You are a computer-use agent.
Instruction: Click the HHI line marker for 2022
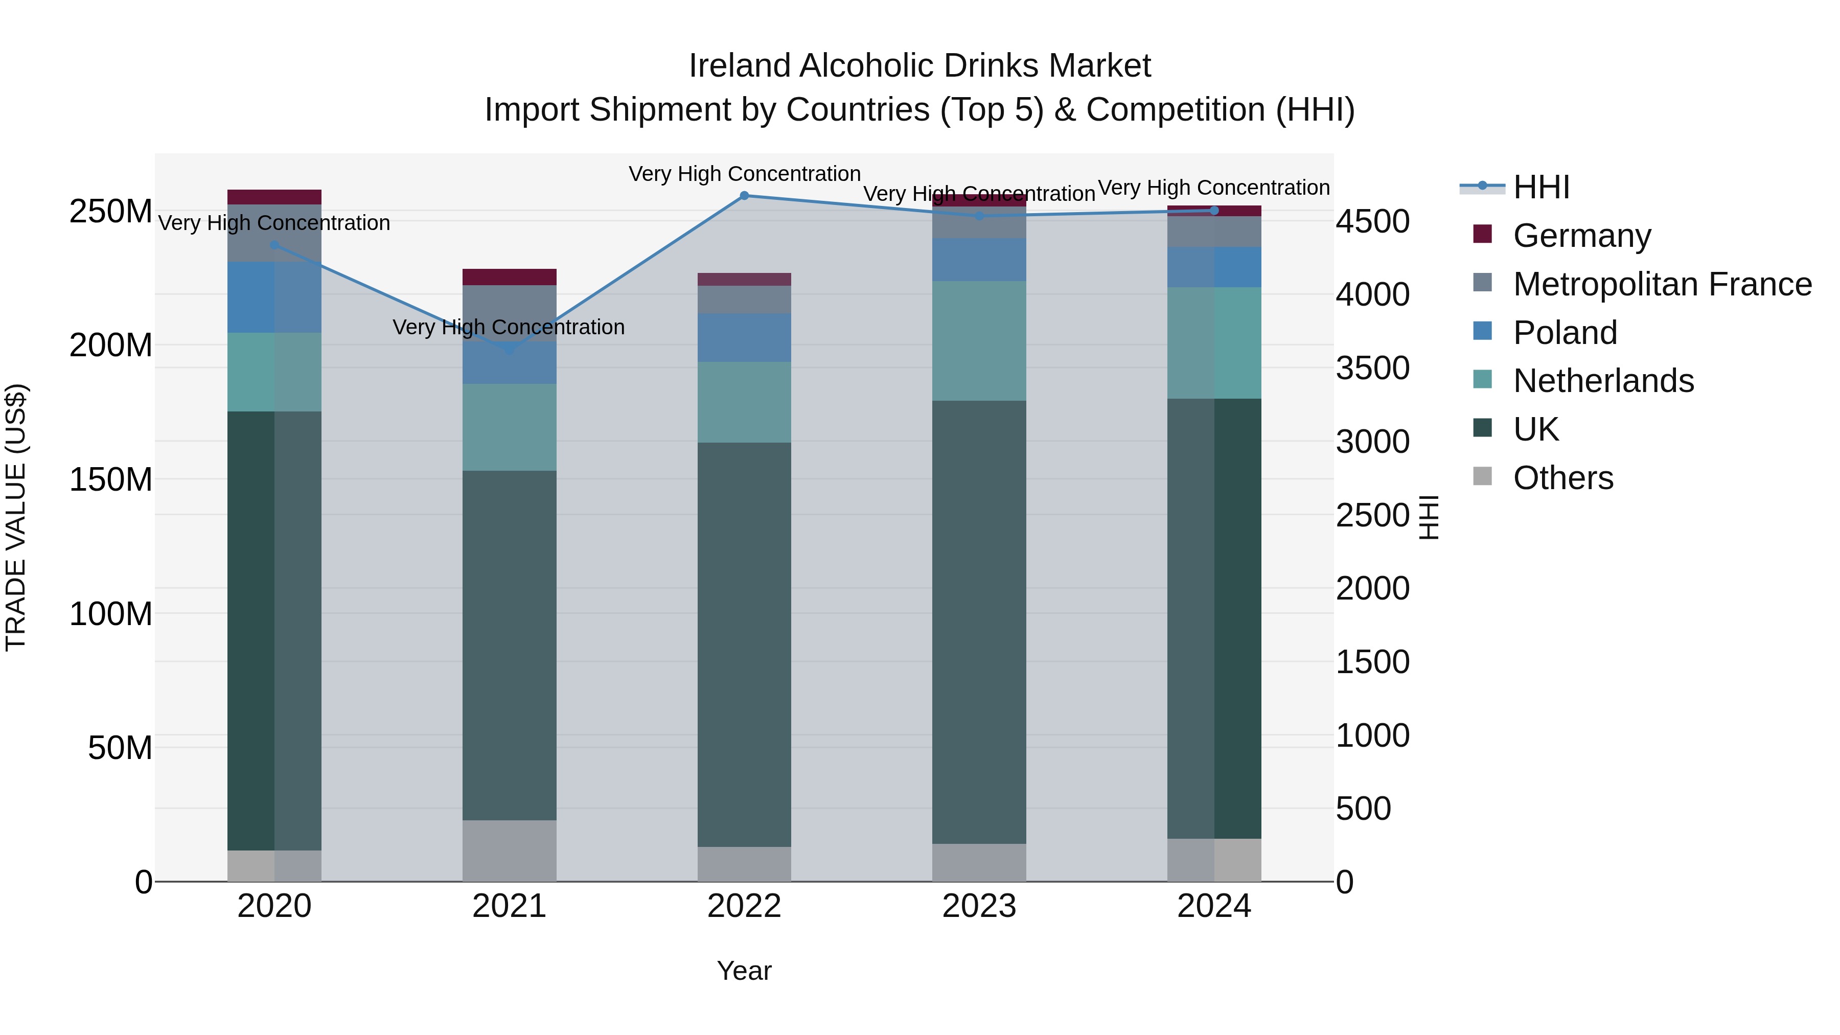744,196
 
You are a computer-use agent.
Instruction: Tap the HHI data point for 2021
509,349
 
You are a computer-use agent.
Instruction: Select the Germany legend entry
1581,236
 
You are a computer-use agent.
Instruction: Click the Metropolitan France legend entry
1662,284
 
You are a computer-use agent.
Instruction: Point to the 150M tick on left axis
111,479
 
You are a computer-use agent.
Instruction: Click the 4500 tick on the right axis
1372,221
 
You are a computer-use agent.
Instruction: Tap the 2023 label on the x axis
979,906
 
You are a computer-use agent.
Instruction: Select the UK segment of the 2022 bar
744,643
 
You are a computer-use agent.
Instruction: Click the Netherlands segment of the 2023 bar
979,341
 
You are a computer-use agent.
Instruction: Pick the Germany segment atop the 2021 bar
509,277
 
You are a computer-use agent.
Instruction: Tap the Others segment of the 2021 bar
509,850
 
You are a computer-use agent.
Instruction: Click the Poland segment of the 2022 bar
744,337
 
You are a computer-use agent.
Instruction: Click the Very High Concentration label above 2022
744,174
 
